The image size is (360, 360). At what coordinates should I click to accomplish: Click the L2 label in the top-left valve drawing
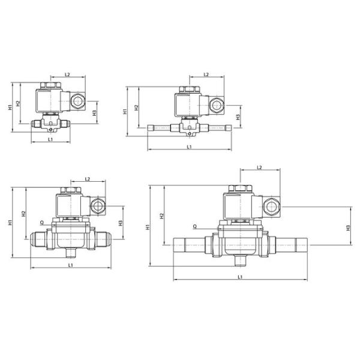point(67,74)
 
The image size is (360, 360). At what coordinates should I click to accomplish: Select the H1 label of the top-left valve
point(10,107)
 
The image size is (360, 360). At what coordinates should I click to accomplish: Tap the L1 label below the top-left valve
point(50,139)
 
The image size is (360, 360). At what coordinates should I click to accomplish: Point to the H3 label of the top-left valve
point(94,113)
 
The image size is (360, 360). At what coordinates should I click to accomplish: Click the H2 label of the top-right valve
point(137,107)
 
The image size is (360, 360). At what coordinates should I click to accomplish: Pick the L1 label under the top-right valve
point(189,147)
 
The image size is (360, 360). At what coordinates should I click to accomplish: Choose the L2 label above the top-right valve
point(206,74)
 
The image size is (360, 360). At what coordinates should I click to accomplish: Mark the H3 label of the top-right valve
point(238,117)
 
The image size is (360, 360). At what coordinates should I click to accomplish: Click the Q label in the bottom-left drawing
point(42,222)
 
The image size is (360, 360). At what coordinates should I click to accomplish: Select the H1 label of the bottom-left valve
point(10,222)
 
